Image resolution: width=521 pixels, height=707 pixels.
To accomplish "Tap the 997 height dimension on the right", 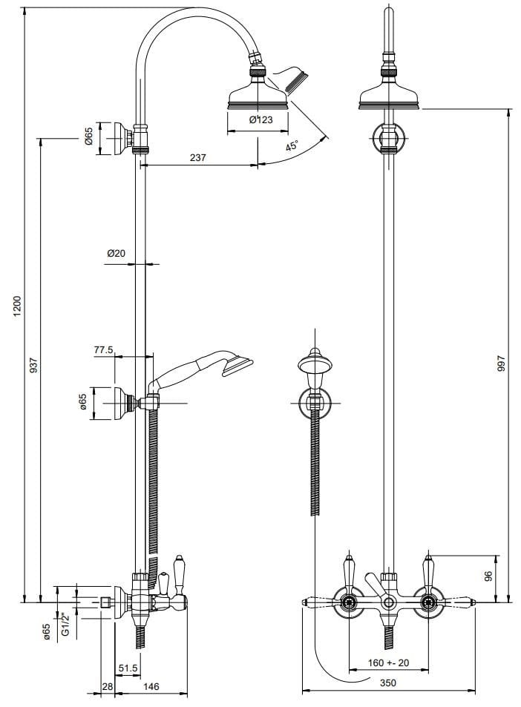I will pos(501,366).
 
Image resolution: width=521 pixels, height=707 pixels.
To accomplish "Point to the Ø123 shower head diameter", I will pos(262,119).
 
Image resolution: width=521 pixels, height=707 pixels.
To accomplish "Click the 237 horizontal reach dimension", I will pos(198,157).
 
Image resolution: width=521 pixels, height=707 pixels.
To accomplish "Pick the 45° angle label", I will pos(291,146).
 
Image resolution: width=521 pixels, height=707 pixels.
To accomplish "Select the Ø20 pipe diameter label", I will pos(116,253).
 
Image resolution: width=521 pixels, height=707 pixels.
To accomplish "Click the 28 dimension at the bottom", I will pos(107,687).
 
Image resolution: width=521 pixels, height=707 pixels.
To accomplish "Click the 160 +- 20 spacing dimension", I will pos(389,662).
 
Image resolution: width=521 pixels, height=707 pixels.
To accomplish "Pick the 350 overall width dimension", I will pos(388,683).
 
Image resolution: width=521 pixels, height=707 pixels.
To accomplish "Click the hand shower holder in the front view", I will pos(315,401).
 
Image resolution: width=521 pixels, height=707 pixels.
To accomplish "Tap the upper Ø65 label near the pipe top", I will pos(88,137).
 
